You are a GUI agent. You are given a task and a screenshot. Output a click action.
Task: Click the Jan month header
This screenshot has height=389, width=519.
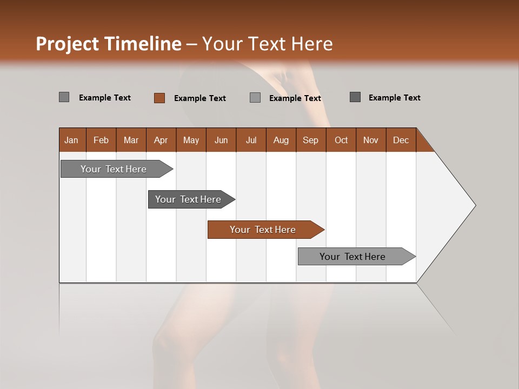[x=71, y=140]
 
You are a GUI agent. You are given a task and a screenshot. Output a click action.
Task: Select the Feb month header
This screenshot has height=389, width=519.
[x=101, y=140]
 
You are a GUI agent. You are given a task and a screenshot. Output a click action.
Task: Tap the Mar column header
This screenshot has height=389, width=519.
[x=131, y=140]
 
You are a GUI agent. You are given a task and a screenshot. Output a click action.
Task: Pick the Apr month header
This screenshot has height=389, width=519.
[x=161, y=140]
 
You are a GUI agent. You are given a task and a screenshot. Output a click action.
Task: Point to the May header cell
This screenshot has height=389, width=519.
[x=191, y=140]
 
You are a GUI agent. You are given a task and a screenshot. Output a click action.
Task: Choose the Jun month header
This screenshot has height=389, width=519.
[x=221, y=140]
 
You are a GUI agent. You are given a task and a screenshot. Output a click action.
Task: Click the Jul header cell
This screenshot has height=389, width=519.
[x=251, y=140]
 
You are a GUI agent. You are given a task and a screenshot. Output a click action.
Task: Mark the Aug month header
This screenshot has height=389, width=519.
[x=281, y=140]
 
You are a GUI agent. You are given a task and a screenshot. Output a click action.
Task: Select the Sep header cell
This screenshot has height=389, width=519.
[x=310, y=140]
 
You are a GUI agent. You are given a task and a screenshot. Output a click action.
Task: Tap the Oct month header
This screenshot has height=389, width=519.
[x=341, y=140]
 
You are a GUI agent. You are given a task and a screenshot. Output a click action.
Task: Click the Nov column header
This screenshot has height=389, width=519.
[x=370, y=140]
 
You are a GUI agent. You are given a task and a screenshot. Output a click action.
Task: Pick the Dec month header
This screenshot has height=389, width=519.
[x=401, y=140]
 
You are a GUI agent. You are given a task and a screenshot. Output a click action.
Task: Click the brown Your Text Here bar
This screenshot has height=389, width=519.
[x=263, y=230]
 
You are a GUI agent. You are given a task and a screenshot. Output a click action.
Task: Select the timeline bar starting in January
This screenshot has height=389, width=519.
[x=114, y=169]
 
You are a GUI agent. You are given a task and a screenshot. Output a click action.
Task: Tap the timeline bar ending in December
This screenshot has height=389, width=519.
[x=352, y=257]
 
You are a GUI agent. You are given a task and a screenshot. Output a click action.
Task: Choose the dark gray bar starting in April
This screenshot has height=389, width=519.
[x=188, y=199]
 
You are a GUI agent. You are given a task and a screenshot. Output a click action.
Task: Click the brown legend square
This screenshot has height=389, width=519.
[x=159, y=98]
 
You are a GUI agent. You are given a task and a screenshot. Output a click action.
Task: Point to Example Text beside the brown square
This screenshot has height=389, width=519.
[x=199, y=98]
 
